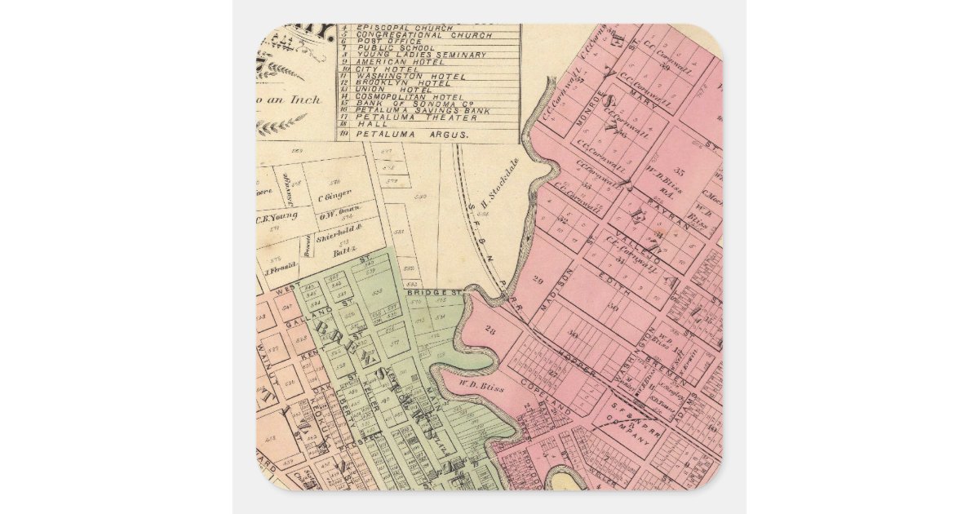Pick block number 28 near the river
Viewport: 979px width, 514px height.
490,330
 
